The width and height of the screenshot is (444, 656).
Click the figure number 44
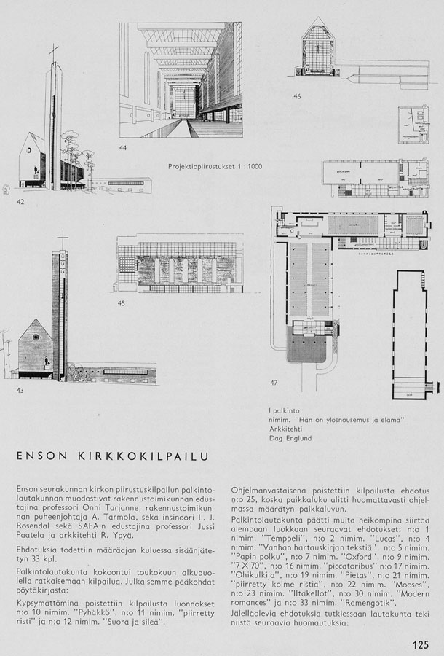tap(122, 149)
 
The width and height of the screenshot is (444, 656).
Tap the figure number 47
tap(274, 382)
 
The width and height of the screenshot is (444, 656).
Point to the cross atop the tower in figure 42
tap(52, 53)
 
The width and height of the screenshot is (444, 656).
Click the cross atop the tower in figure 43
tap(63, 239)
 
